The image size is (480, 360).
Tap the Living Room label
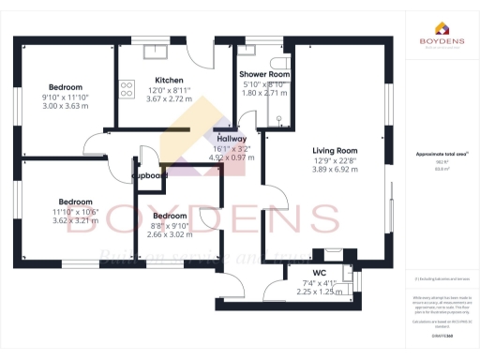(335, 150)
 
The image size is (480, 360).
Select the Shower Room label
(263, 74)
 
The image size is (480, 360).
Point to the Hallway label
(231, 138)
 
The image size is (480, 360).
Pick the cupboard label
(149, 175)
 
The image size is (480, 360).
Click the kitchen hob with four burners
(126, 89)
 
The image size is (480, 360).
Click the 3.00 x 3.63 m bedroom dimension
(65, 106)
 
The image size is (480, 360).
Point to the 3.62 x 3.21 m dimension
(75, 221)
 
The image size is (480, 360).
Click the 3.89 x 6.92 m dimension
(335, 170)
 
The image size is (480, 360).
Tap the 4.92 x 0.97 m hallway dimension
(231, 157)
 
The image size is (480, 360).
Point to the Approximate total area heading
(441, 153)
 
